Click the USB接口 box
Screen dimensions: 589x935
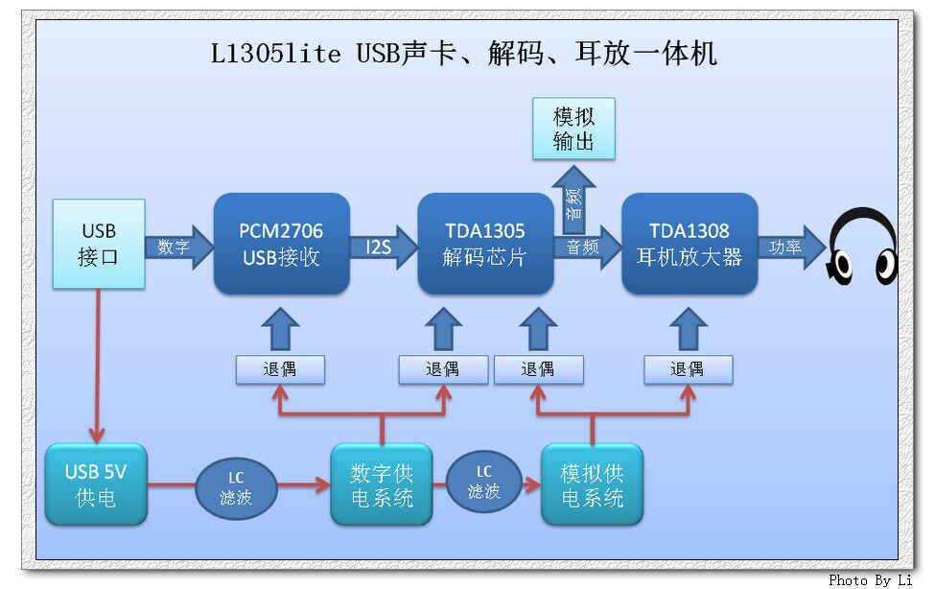pyautogui.click(x=99, y=244)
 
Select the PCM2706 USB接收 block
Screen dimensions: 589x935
pyautogui.click(x=281, y=244)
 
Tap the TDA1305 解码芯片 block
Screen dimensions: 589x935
pyautogui.click(x=485, y=244)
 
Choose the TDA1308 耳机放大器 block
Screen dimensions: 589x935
pyautogui.click(x=690, y=244)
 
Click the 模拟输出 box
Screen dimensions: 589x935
pyautogui.click(x=573, y=129)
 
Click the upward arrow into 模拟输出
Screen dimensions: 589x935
pyautogui.click(x=573, y=199)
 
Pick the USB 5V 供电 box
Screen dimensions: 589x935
pyautogui.click(x=96, y=484)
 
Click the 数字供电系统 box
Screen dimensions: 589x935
pyautogui.click(x=381, y=484)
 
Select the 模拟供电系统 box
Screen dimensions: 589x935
pyautogui.click(x=592, y=484)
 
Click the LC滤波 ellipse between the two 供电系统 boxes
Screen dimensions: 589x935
pyautogui.click(x=484, y=482)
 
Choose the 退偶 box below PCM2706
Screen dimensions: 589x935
pyautogui.click(x=280, y=369)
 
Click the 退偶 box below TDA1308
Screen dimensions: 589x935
pyautogui.click(x=688, y=369)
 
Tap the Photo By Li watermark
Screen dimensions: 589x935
pyautogui.click(x=870, y=579)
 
